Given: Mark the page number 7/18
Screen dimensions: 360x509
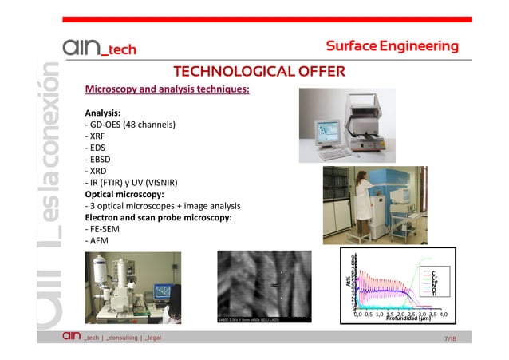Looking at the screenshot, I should pyautogui.click(x=449, y=339).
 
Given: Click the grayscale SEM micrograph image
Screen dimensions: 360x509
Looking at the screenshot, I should pyautogui.click(x=262, y=287).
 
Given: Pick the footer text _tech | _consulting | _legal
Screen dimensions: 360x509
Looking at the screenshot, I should pyautogui.click(x=123, y=338).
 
